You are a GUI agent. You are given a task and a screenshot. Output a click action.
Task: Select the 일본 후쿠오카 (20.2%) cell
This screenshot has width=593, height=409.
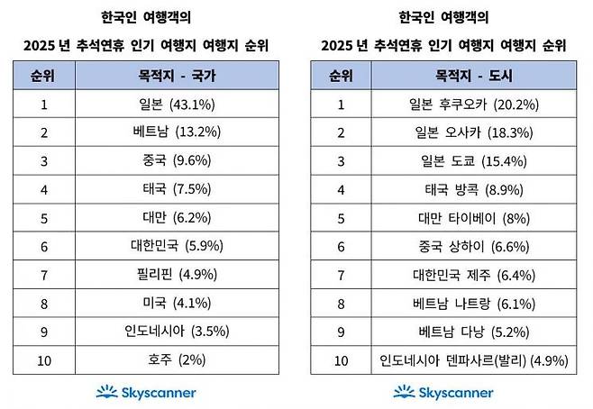[474, 104]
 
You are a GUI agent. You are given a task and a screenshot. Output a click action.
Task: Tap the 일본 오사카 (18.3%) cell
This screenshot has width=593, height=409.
[474, 132]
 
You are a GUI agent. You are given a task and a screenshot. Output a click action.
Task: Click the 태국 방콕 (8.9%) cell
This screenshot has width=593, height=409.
[474, 189]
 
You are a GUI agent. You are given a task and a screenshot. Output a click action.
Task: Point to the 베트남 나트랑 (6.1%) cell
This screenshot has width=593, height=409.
[474, 304]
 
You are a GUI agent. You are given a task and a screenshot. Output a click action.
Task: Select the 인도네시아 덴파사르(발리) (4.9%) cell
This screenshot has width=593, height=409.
[474, 360]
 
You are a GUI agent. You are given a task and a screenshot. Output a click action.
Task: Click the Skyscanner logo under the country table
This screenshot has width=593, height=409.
[146, 392]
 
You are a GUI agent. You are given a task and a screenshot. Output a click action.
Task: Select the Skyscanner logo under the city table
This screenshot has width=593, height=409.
[443, 392]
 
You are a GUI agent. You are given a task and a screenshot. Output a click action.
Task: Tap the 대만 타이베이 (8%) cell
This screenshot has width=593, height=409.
[474, 218]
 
